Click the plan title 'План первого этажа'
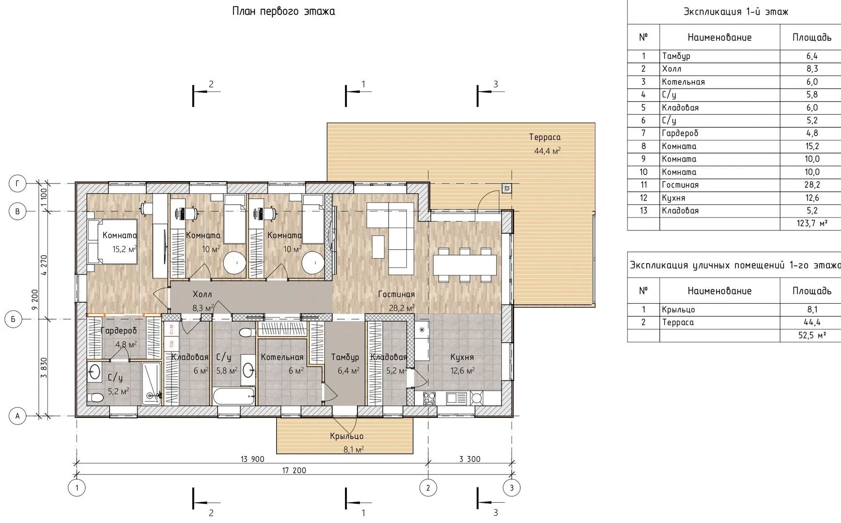pyautogui.click(x=283, y=11)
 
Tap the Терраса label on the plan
pyautogui.click(x=545, y=137)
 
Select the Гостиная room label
pyautogui.click(x=396, y=294)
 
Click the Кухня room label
pyautogui.click(x=462, y=357)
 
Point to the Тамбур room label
pyautogui.click(x=345, y=357)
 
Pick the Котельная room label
pyautogui.click(x=282, y=357)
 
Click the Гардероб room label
pyautogui.click(x=119, y=331)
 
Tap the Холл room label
pyautogui.click(x=202, y=294)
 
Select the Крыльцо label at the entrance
pyautogui.click(x=346, y=436)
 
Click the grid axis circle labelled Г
pyautogui.click(x=18, y=184)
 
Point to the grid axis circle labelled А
pyautogui.click(x=18, y=415)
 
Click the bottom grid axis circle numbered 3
pyautogui.click(x=512, y=488)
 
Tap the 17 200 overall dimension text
pyautogui.click(x=294, y=470)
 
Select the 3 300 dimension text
pyautogui.click(x=469, y=459)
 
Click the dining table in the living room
pyautogui.click(x=465, y=265)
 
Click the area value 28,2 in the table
pyautogui.click(x=812, y=185)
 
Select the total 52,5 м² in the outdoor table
pyautogui.click(x=812, y=335)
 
